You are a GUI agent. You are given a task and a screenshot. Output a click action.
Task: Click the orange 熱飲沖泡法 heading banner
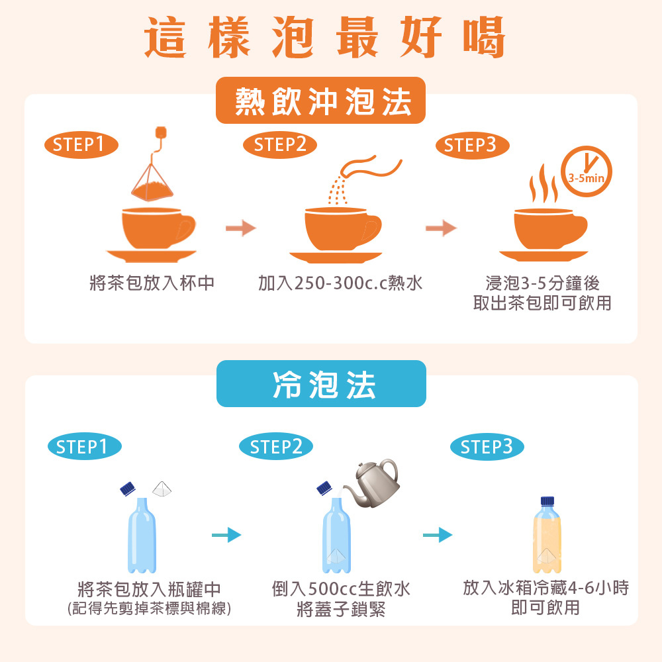[320, 101]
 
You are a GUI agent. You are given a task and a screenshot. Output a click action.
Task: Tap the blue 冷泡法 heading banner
[321, 384]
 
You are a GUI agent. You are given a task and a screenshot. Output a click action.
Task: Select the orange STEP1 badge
[80, 144]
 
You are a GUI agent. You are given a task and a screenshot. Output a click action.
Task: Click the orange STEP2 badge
[280, 144]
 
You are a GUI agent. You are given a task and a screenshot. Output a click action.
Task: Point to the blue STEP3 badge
[487, 447]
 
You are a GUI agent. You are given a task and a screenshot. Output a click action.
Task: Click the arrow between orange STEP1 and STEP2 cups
[240, 229]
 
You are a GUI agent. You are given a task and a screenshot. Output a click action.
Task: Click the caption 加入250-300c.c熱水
[340, 283]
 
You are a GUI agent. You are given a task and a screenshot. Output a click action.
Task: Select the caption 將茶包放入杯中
[152, 283]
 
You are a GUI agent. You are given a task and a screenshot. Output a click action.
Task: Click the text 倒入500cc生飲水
[341, 589]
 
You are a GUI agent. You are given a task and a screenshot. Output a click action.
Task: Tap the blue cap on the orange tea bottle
[547, 501]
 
